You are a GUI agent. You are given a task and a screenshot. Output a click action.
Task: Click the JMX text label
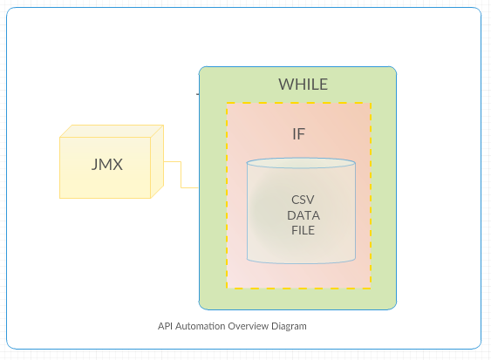106,165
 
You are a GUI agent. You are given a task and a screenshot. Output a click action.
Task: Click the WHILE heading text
303,85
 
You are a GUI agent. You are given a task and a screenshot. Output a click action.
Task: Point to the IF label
298,134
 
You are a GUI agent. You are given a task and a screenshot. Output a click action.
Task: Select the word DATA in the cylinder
302,214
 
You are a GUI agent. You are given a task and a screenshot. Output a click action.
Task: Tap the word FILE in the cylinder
302,230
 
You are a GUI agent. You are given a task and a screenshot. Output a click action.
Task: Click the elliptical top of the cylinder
301,163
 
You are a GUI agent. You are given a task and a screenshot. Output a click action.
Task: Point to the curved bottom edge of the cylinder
301,262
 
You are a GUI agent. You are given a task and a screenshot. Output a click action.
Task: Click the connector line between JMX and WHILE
181,174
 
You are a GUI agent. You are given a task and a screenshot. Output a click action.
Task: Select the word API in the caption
166,326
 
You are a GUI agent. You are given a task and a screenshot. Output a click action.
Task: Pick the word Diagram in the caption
290,326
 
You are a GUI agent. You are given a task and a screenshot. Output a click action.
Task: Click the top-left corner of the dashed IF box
227,103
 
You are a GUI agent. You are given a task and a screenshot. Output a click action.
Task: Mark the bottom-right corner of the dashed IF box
371,288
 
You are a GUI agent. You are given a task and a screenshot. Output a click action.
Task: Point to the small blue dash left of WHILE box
197,92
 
